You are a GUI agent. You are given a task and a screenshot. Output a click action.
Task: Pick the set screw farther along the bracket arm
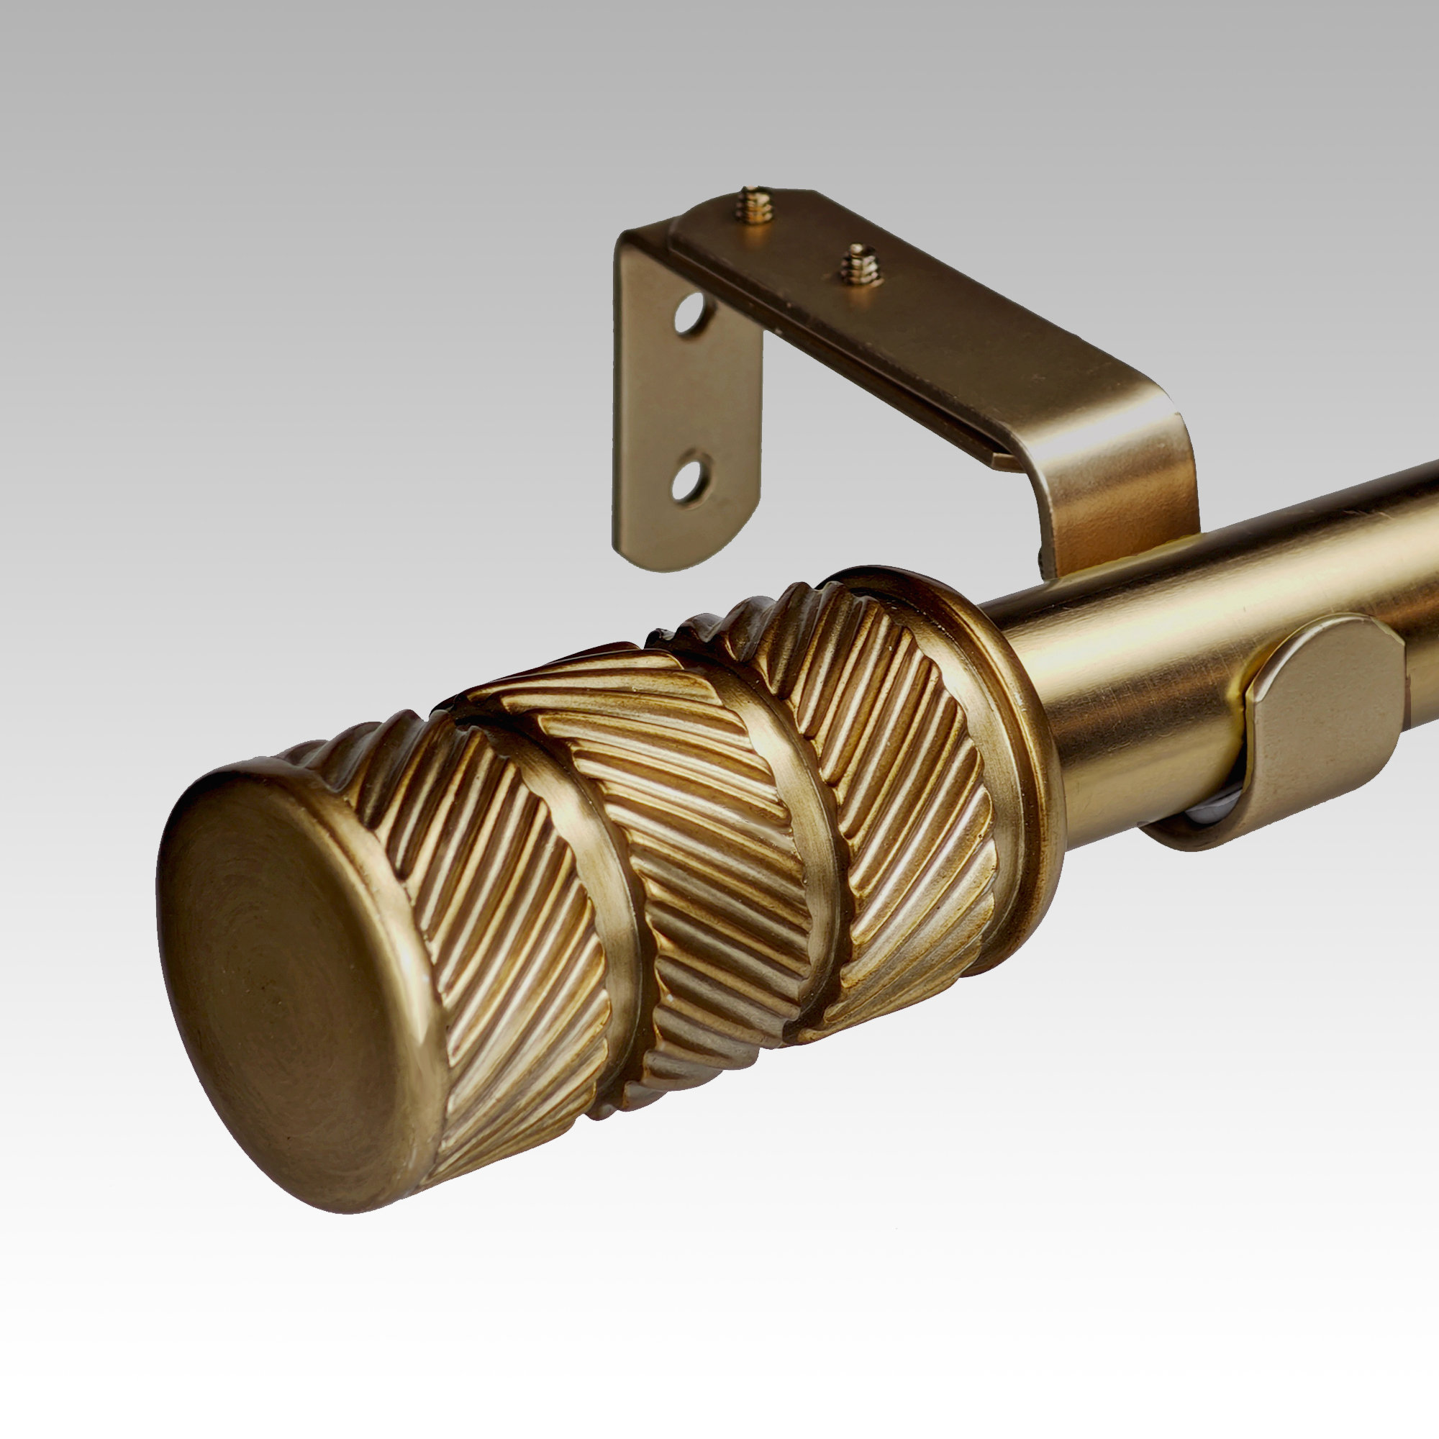856,264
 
